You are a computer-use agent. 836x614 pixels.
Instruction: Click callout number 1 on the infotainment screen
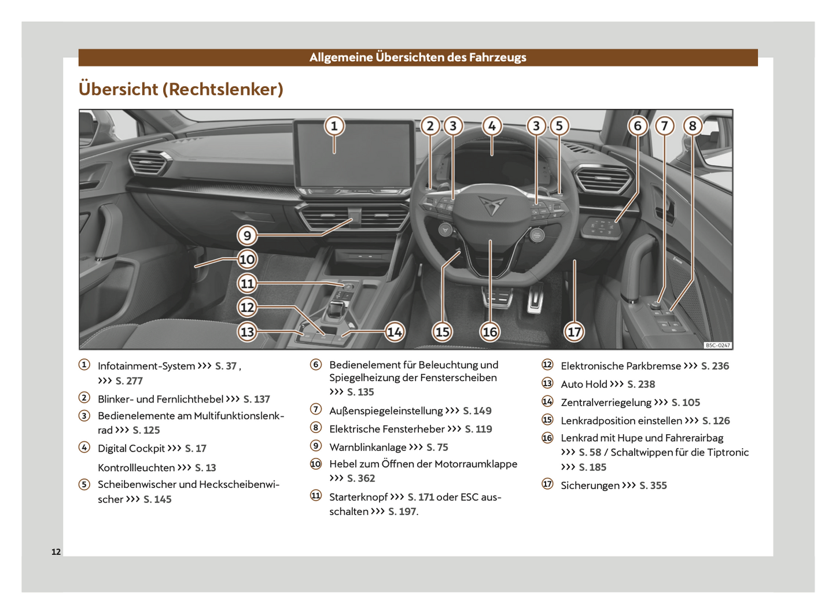tap(334, 126)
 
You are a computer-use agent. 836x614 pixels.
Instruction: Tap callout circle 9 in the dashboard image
tap(247, 235)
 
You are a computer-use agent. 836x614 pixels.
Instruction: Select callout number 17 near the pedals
tap(574, 332)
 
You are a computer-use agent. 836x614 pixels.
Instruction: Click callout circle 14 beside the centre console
tap(395, 332)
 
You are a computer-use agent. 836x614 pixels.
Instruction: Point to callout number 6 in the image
tap(638, 126)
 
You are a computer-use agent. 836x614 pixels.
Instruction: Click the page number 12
tap(56, 552)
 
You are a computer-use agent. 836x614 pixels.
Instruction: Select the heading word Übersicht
tap(118, 89)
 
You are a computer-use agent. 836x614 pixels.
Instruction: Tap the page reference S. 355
tap(653, 486)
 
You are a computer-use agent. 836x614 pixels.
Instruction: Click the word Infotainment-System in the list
tap(146, 366)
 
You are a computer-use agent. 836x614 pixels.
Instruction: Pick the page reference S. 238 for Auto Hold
tap(641, 384)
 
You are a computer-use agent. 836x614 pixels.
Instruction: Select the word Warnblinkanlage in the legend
tap(368, 447)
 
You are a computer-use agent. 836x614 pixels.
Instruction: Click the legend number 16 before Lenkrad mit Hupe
tap(547, 438)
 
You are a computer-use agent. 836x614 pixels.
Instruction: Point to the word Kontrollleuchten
tap(137, 468)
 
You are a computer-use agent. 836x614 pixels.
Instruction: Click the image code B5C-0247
tap(717, 345)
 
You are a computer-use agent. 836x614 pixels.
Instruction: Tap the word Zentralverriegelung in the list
tap(606, 402)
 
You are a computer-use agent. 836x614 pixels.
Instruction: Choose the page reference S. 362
tap(361, 479)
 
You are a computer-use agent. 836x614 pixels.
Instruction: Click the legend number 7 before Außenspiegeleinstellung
tap(316, 409)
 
